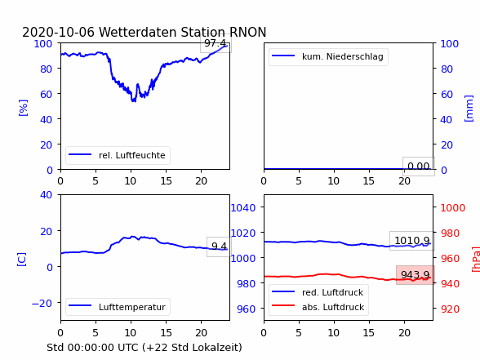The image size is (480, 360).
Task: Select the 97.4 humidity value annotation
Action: tap(216, 43)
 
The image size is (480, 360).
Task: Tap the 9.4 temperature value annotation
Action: tap(219, 247)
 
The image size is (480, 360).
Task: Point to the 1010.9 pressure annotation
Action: tap(412, 241)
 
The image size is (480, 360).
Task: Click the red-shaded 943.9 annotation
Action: tap(415, 275)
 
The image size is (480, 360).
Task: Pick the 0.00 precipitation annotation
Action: tap(419, 167)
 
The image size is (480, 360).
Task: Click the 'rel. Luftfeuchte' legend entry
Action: tap(118, 155)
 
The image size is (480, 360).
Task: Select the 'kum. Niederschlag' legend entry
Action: tap(328, 56)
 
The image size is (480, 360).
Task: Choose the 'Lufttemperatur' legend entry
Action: tap(118, 307)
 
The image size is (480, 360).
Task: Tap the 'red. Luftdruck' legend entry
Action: tap(318, 292)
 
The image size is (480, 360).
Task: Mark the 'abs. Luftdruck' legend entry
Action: tap(318, 307)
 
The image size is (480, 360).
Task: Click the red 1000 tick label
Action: tap(453, 208)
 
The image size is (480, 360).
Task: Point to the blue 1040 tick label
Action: tap(243, 208)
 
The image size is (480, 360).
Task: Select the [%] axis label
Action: tap(23, 108)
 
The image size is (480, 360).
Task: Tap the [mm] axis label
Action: tap(469, 109)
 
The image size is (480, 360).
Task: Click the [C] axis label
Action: tap(21, 260)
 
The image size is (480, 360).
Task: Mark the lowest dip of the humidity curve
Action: tap(134, 100)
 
